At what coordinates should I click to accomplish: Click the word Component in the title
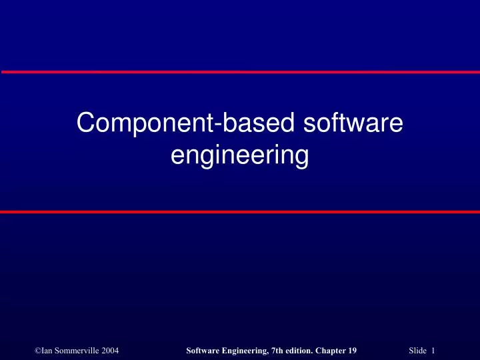tap(133, 124)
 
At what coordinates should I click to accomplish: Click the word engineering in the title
tap(239, 157)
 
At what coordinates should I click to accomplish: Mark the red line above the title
tap(240, 71)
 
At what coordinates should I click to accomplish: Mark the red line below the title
tap(240, 212)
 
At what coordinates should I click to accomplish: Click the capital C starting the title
tap(85, 124)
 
